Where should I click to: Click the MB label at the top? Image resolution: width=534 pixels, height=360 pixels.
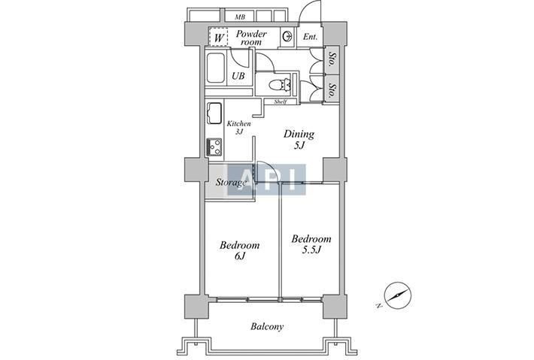(x=240, y=17)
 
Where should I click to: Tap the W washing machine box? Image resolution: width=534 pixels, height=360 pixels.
(x=218, y=37)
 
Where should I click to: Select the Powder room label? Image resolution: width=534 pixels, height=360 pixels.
(x=251, y=38)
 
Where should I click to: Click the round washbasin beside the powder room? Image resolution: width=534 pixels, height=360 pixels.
(x=287, y=36)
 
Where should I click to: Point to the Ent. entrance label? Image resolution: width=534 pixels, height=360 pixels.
(x=311, y=36)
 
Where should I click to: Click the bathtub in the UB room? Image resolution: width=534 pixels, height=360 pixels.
(x=216, y=68)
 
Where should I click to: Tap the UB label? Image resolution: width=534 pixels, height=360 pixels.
(x=238, y=76)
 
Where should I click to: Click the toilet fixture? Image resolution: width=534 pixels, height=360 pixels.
(x=280, y=85)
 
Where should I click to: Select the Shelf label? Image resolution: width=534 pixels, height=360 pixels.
(x=281, y=101)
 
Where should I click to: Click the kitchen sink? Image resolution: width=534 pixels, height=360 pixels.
(x=214, y=113)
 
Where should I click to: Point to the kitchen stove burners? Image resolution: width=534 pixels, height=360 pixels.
(x=214, y=147)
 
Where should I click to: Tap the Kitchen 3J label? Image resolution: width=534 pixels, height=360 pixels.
(x=239, y=127)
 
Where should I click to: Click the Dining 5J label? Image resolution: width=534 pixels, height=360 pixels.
(x=299, y=139)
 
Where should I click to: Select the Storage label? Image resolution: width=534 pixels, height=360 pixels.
(x=231, y=183)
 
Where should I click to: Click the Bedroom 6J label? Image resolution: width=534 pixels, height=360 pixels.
(x=239, y=250)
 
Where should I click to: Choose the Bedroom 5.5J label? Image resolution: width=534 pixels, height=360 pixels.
(x=311, y=244)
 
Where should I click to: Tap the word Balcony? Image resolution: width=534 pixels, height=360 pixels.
(x=267, y=327)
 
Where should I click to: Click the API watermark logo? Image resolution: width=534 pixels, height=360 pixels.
(x=267, y=180)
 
